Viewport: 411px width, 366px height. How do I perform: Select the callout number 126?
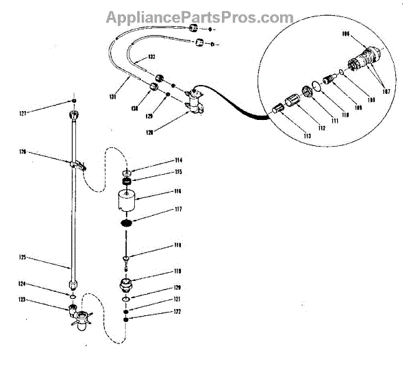tap(23, 152)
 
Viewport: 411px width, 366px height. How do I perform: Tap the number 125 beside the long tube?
tap(23, 257)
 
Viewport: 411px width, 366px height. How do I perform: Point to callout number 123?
tap(23, 300)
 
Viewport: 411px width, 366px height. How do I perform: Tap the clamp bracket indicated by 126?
tap(77, 164)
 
